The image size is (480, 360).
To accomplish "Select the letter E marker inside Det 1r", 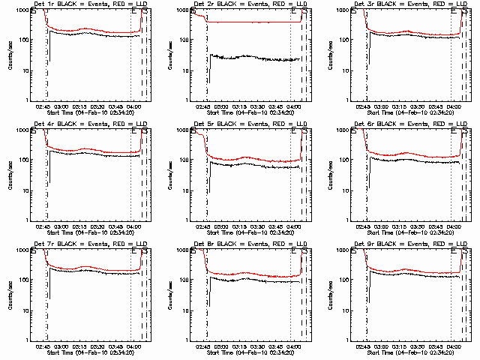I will [x=134, y=11].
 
